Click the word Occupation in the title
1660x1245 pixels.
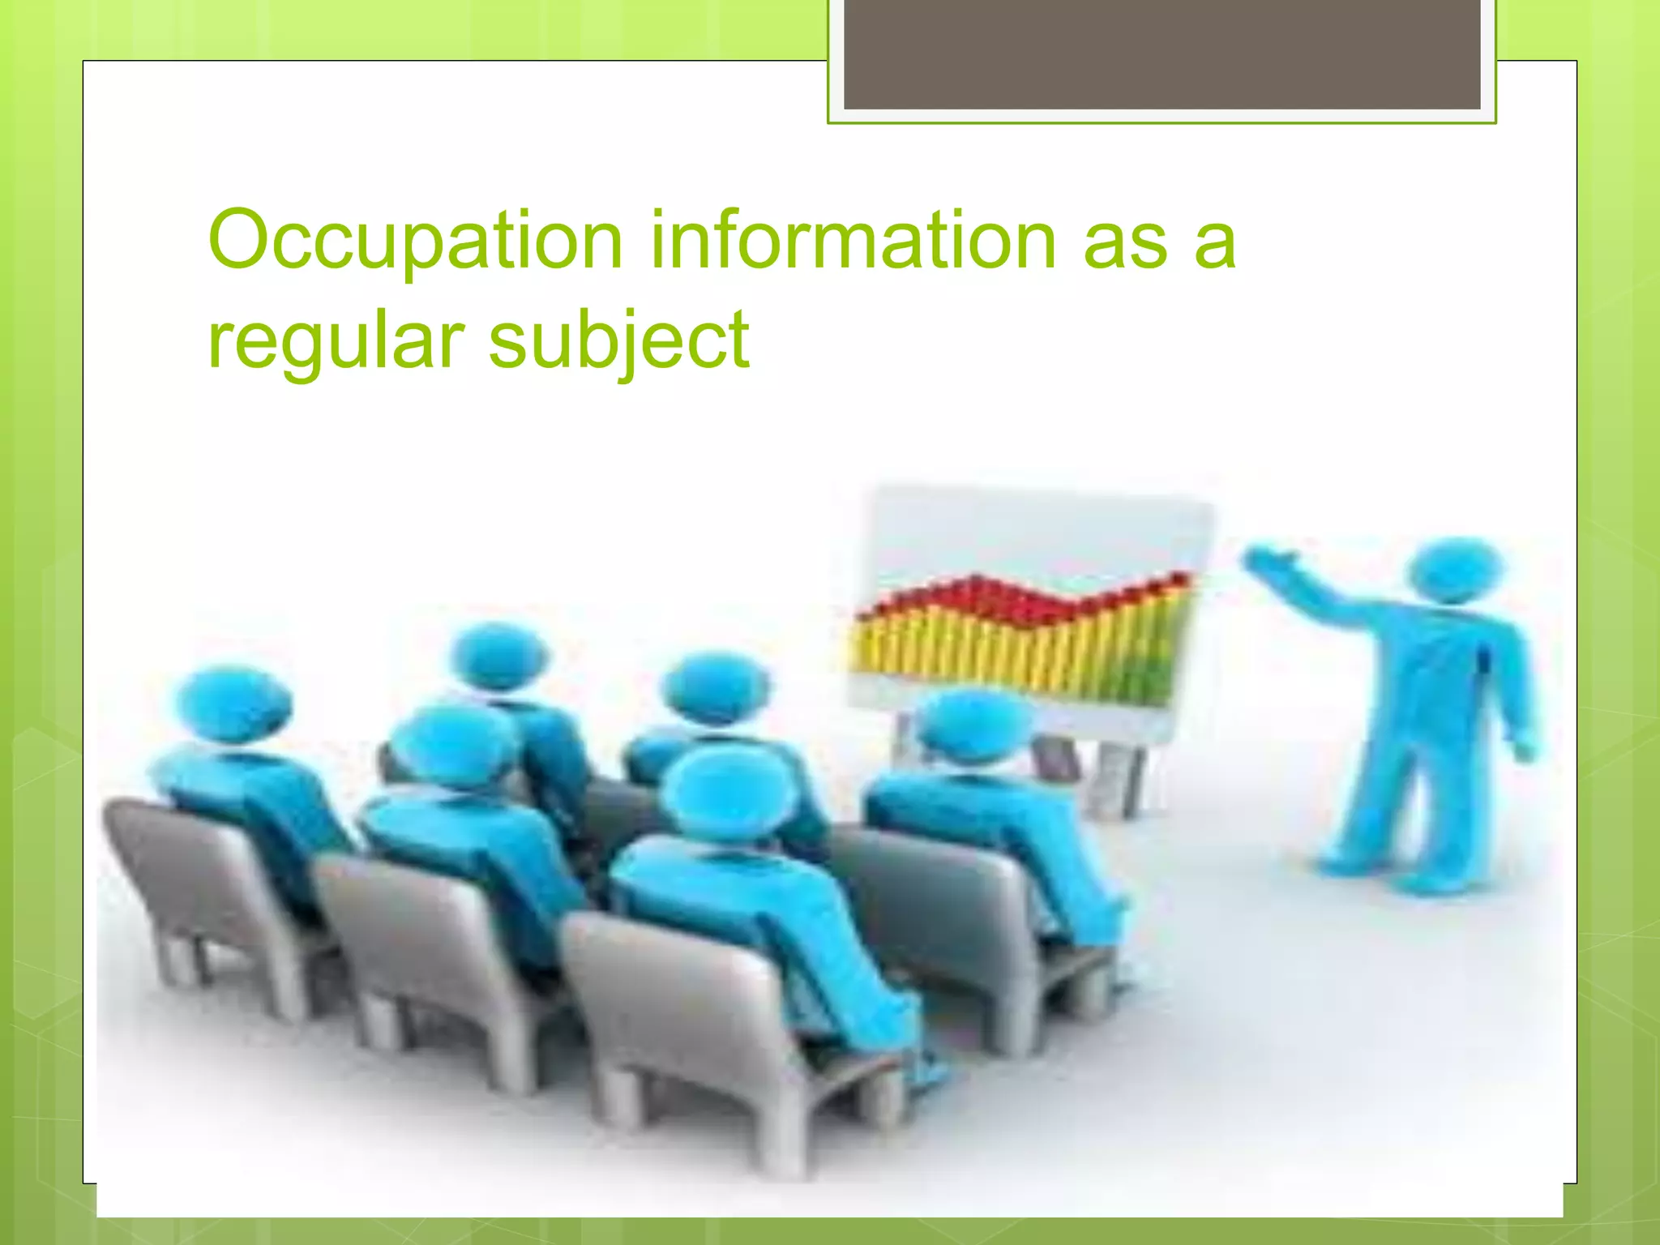(415, 242)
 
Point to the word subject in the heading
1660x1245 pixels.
(619, 342)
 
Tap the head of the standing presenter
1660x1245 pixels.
(1455, 567)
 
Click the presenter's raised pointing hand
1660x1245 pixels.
(1269, 559)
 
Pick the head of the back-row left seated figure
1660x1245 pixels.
(498, 657)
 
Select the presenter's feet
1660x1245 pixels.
(1394, 875)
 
